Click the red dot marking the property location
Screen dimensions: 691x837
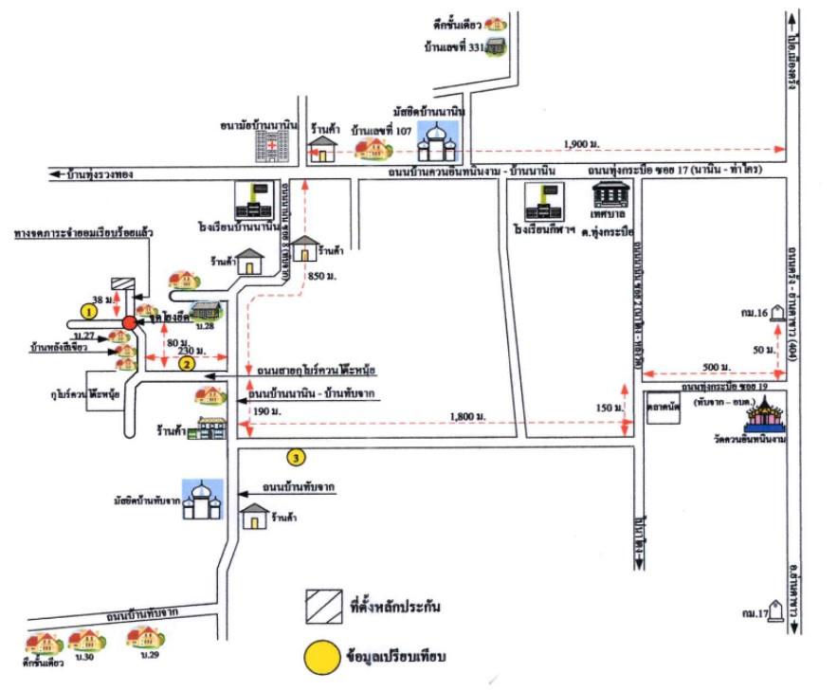tap(129, 323)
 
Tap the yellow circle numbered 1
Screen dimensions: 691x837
tap(89, 310)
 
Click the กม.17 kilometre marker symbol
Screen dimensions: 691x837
tap(778, 614)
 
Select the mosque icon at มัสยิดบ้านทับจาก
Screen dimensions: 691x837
tap(202, 500)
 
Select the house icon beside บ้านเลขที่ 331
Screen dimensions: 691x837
tap(494, 45)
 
